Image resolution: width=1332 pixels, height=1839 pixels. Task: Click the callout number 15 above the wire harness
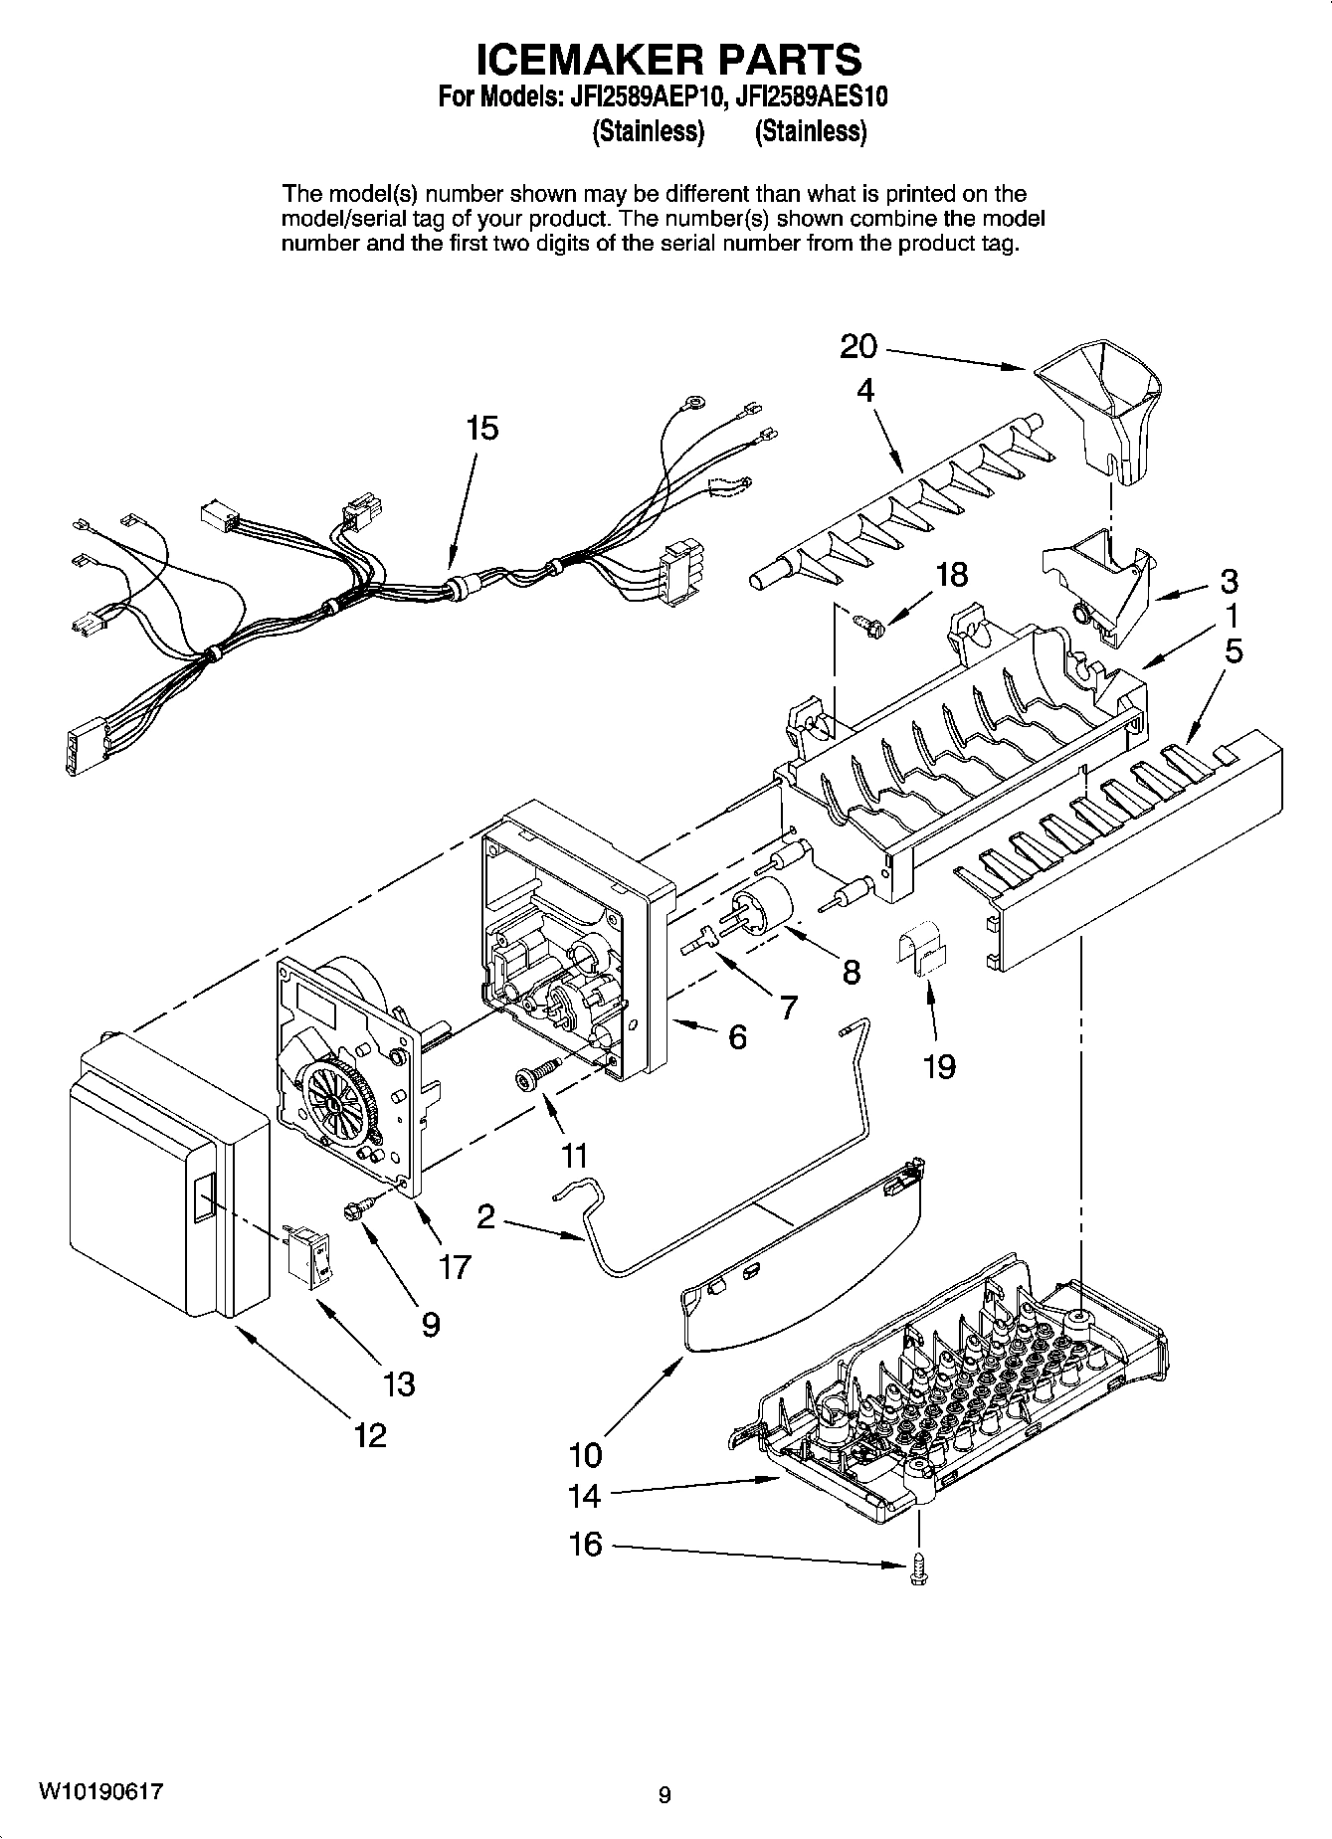[481, 429]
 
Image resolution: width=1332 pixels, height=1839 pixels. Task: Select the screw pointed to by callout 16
[915, 1569]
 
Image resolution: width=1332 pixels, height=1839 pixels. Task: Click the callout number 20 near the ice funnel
[858, 347]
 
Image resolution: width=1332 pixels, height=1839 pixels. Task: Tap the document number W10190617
[100, 1792]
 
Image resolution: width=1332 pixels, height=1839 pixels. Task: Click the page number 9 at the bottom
[665, 1795]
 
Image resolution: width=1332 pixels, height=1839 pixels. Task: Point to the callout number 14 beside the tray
[585, 1495]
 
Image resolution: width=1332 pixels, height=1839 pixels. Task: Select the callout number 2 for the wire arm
[485, 1216]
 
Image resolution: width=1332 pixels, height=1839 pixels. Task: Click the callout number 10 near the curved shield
[585, 1455]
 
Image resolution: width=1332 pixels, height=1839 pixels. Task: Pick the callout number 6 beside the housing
[736, 1037]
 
